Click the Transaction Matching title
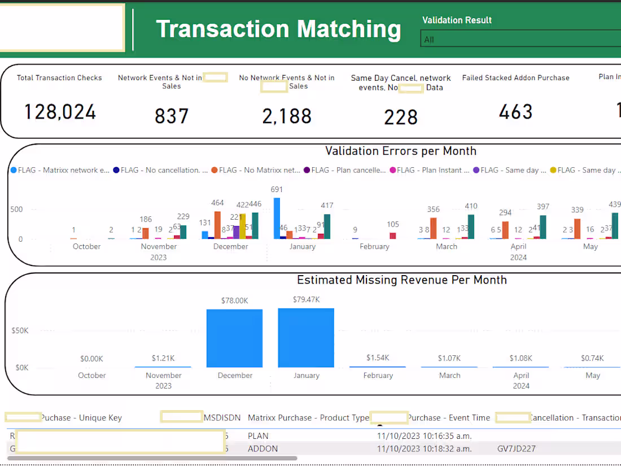[x=278, y=29]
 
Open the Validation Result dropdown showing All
[x=519, y=40]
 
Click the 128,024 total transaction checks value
[x=60, y=112]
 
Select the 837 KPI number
[x=172, y=116]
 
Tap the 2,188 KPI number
[x=287, y=116]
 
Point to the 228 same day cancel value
[x=401, y=117]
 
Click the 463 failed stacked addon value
[x=515, y=112]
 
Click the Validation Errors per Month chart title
[x=401, y=151]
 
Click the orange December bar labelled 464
[x=217, y=225]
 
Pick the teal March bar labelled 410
[x=471, y=227]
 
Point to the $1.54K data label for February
[x=378, y=358]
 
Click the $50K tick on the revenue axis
[x=20, y=330]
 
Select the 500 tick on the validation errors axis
[x=16, y=210]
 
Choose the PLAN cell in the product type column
[x=258, y=436]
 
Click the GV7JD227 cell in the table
[x=516, y=449]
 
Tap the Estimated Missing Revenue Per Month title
[x=402, y=280]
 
